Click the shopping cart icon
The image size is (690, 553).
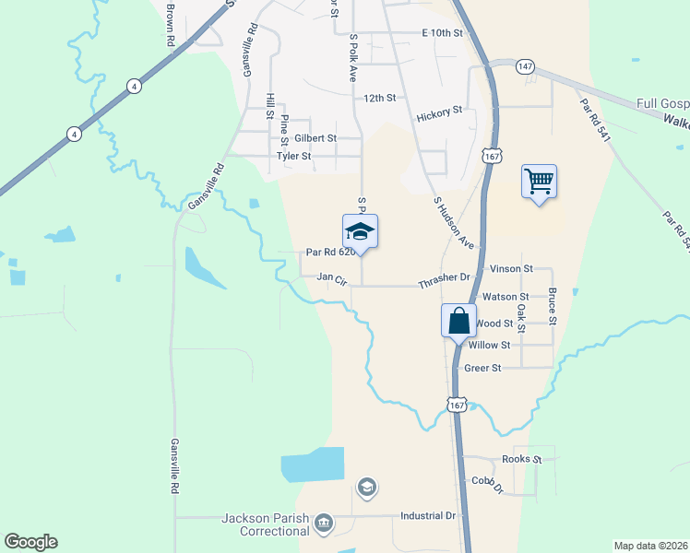coord(539,181)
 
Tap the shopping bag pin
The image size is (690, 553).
coord(458,322)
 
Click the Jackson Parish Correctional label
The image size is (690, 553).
coord(267,524)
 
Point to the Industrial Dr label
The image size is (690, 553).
coord(429,516)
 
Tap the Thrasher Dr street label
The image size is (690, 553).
coord(444,276)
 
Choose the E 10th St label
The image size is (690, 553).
coord(441,32)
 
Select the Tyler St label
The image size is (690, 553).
coord(294,156)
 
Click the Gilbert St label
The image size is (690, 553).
coord(315,137)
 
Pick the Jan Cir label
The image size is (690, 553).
coord(330,276)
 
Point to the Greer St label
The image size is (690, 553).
coord(482,368)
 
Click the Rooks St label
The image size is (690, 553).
coord(521,459)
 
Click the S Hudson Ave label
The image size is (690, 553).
coord(453,222)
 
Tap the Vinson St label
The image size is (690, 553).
coord(512,268)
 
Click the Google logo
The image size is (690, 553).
coord(30,542)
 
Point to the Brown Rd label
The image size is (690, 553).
coord(171,25)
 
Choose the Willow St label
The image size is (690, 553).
coord(489,345)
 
